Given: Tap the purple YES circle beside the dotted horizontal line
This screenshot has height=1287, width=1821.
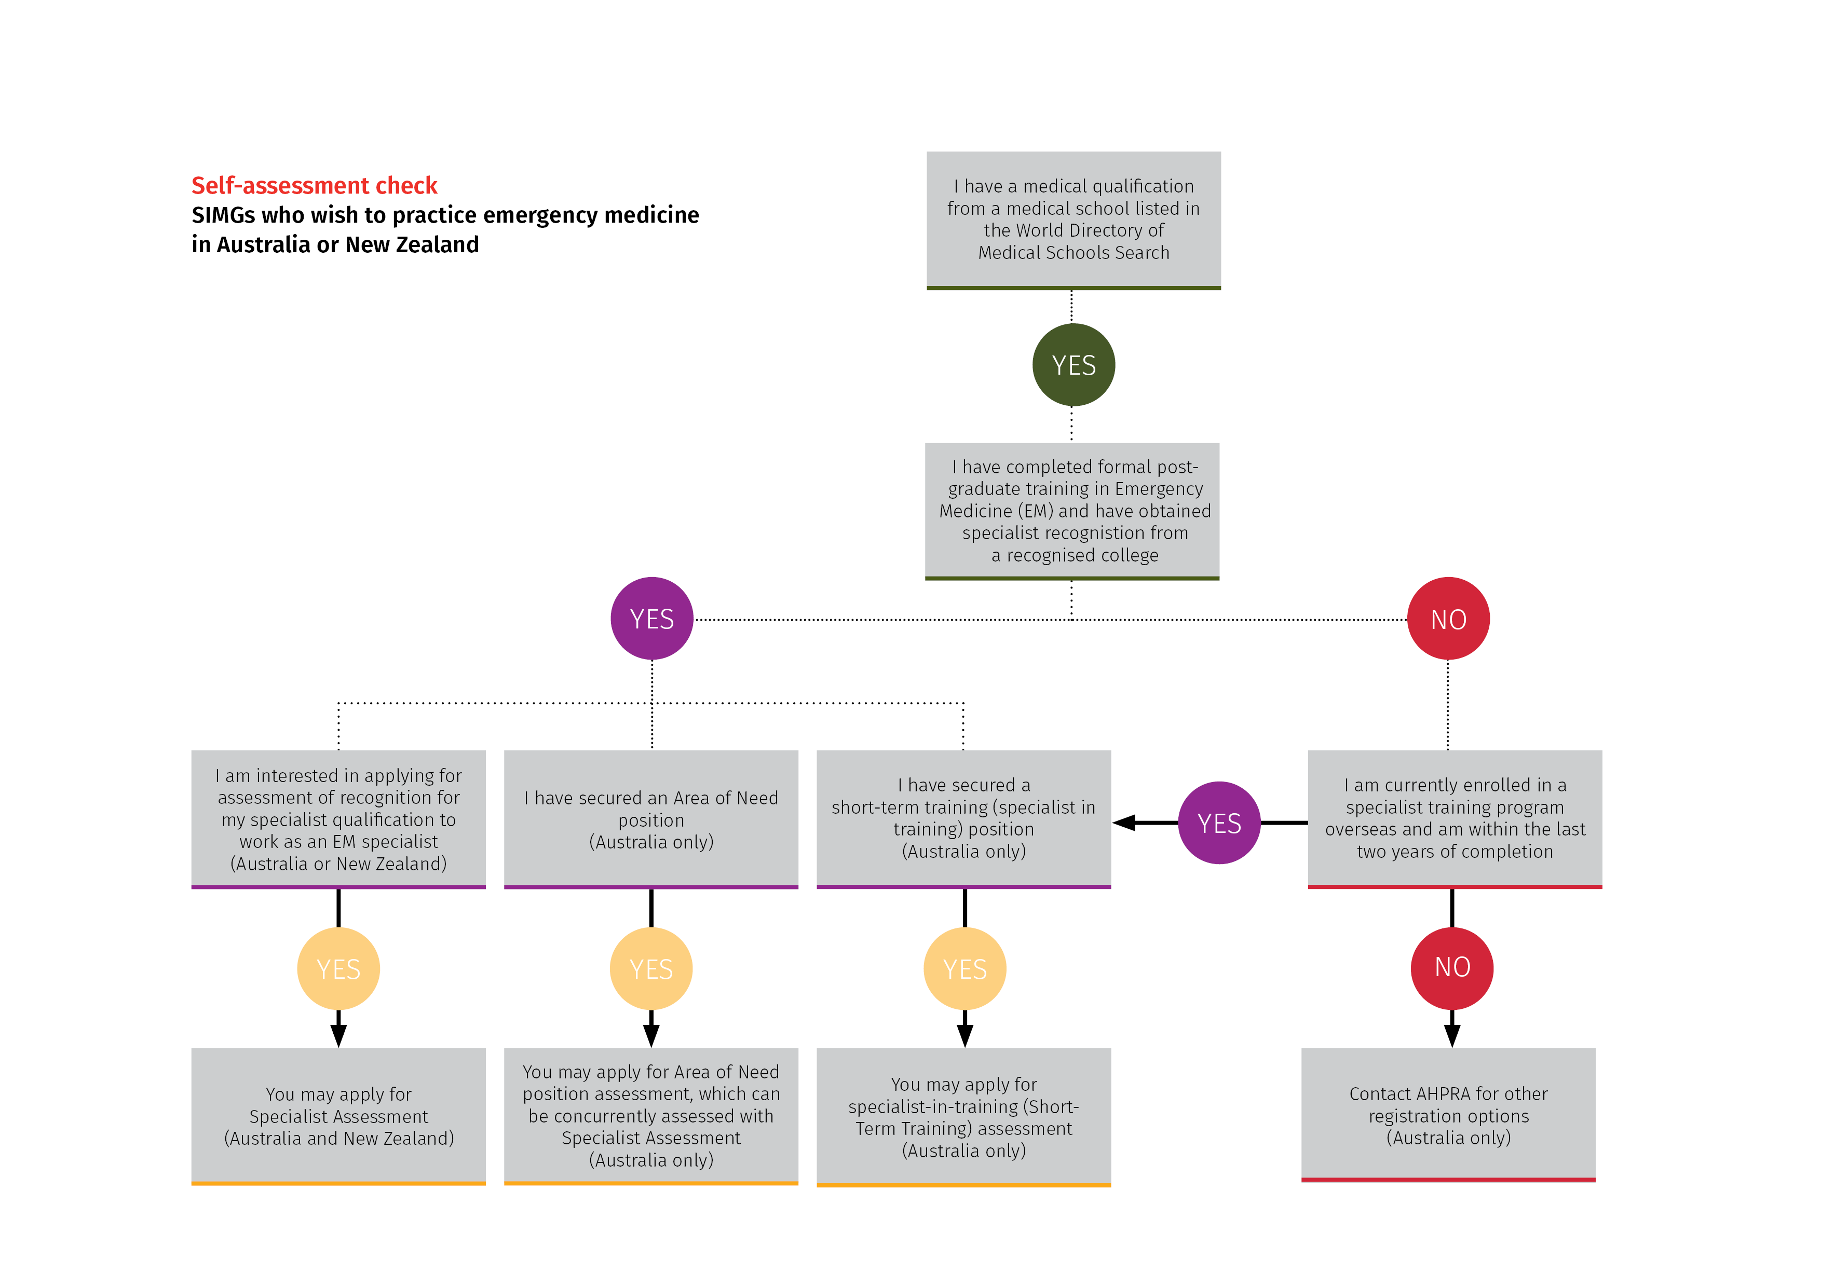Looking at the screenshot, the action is (652, 619).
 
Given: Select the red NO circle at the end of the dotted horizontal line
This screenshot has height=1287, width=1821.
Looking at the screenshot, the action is (1448, 619).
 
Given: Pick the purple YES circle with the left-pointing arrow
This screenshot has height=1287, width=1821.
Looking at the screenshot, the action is (1220, 823).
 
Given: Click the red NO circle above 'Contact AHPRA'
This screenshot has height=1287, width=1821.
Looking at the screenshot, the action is (1452, 967).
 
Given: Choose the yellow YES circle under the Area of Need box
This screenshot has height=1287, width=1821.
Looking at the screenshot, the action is (651, 968).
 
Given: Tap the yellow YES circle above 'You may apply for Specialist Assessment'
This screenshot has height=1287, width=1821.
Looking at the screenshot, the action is (338, 968).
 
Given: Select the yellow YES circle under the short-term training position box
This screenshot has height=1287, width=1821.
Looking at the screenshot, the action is (965, 968).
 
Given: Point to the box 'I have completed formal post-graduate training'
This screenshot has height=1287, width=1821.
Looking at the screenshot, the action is (1072, 512).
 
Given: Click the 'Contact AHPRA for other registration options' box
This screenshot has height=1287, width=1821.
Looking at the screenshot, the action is (1448, 1115).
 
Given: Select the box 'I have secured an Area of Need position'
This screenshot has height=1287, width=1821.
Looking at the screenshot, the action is (651, 819).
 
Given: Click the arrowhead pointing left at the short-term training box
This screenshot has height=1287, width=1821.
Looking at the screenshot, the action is (1124, 823).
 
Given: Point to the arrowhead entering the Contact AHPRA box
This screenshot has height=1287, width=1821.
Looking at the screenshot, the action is (1452, 1036).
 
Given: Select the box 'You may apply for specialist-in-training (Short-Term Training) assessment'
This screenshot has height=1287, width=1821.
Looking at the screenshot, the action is (963, 1117).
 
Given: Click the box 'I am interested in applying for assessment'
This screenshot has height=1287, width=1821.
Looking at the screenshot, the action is (338, 819).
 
